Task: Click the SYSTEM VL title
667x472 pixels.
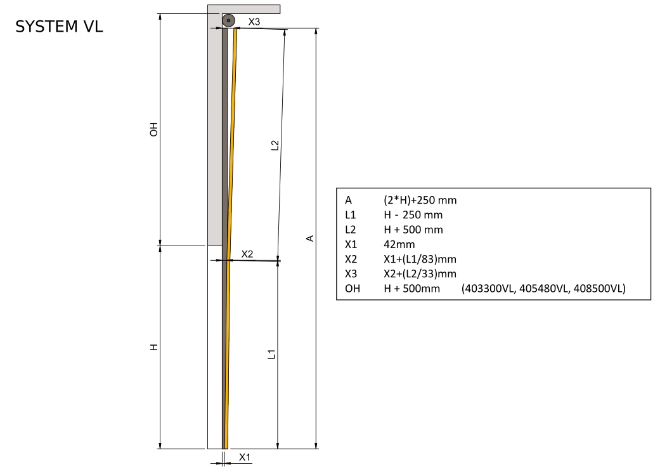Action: (x=59, y=27)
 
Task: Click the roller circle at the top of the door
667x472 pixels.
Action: (x=228, y=20)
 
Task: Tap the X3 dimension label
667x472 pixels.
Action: (x=254, y=22)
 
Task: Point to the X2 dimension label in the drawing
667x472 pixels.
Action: (x=247, y=254)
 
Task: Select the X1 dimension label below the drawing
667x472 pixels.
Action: (x=245, y=457)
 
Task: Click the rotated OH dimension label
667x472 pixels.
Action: (x=153, y=129)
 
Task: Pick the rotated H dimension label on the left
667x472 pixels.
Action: (x=154, y=347)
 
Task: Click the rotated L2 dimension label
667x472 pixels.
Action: (x=275, y=145)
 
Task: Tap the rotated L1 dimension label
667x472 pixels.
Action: (x=271, y=354)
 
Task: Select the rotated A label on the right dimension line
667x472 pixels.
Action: (x=310, y=239)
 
